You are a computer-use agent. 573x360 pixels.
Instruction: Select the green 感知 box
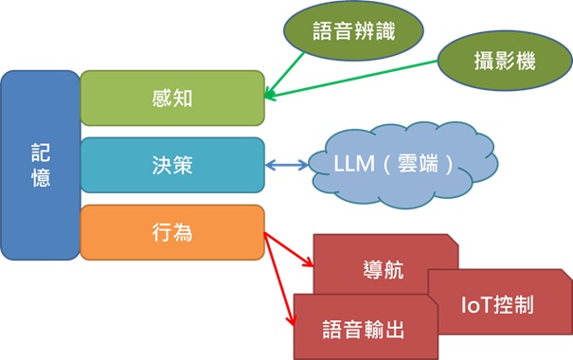[x=171, y=98]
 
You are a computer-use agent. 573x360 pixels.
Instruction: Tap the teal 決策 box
[x=171, y=165]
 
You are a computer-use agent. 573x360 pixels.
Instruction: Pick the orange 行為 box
[x=171, y=232]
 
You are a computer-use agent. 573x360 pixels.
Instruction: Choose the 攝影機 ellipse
[x=504, y=63]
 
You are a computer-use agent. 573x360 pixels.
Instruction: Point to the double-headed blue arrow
[x=287, y=165]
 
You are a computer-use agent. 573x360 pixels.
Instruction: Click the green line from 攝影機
[x=360, y=80]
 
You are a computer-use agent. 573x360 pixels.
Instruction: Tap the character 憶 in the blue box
[x=40, y=177]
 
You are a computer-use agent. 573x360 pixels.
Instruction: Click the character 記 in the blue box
[x=40, y=152]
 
